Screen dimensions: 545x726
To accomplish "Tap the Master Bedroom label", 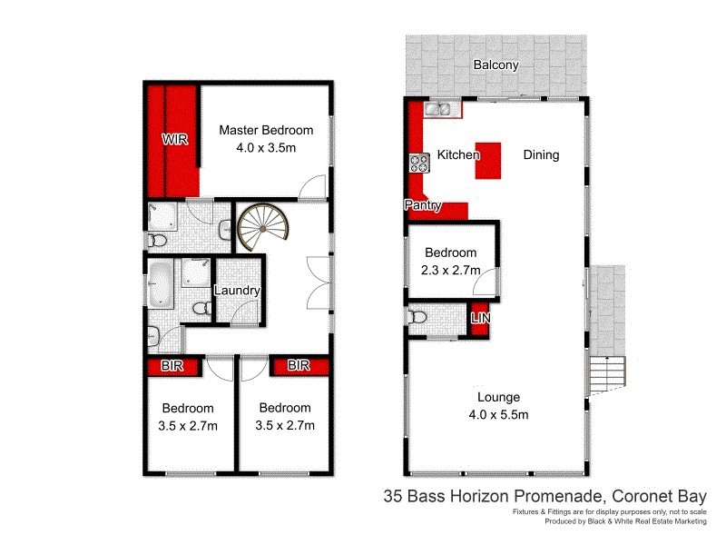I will click(266, 130).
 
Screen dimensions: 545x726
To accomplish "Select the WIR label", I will click(175, 140).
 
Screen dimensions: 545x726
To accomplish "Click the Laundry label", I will click(238, 292).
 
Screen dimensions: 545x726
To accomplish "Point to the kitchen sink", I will click(442, 110).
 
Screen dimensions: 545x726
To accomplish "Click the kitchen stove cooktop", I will click(419, 163).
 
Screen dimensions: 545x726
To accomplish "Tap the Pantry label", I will click(423, 206).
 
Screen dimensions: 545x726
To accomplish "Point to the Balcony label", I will click(496, 65).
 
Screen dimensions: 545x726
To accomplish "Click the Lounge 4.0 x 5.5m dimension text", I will click(498, 414).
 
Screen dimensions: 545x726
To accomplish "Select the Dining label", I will click(541, 155).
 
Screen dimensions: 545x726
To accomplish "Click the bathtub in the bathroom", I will click(161, 284).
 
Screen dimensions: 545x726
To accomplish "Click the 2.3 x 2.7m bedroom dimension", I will click(450, 270).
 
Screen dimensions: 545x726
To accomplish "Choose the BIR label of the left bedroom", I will click(175, 366).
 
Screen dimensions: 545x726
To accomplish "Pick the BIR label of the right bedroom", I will click(299, 366).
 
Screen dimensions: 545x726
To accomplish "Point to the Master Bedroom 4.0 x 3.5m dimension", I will click(266, 147).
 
